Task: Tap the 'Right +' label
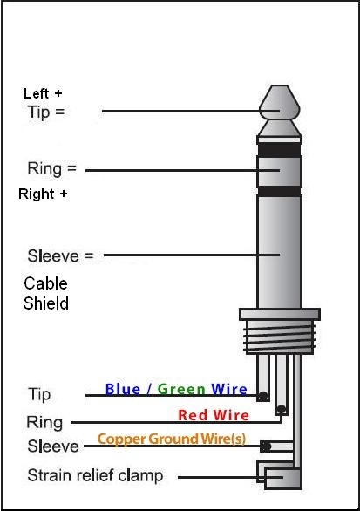click(x=43, y=194)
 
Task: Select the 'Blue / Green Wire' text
click(x=175, y=390)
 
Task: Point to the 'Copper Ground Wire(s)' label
click(x=171, y=439)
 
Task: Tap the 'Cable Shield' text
click(x=45, y=294)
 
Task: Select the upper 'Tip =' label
click(x=46, y=112)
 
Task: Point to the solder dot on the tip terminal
click(x=262, y=397)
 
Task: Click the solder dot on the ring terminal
click(x=280, y=409)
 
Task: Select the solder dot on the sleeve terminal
click(x=266, y=446)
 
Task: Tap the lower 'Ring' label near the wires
click(x=45, y=422)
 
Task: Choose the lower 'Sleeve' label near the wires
click(x=54, y=446)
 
